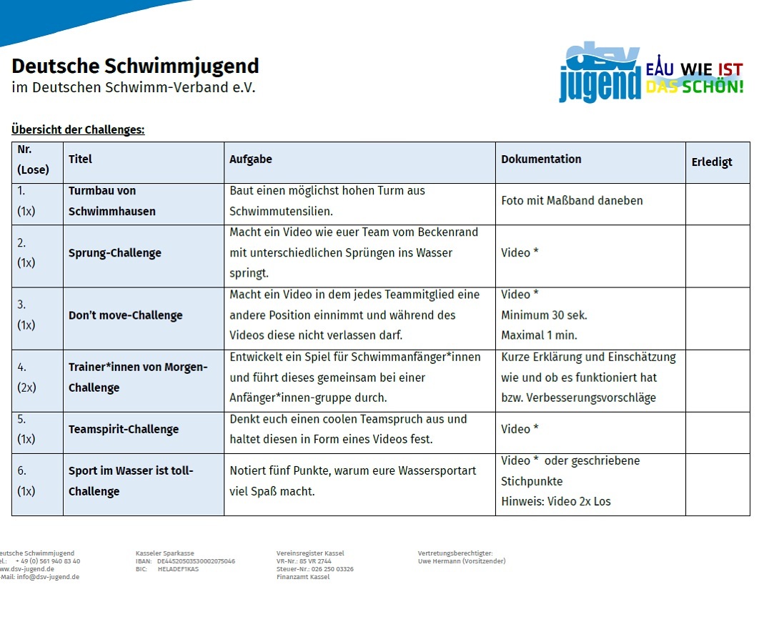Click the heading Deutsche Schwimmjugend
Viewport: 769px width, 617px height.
click(x=135, y=66)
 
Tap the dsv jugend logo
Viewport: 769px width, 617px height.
click(x=600, y=72)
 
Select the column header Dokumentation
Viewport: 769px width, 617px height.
click(x=541, y=159)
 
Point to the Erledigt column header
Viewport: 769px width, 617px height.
click(x=712, y=162)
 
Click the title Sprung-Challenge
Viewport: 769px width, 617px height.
click(x=115, y=253)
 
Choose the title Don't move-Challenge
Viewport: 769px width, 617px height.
click(x=126, y=315)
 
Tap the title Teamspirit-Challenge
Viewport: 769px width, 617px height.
click(x=124, y=430)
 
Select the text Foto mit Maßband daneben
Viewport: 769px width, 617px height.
click(x=572, y=201)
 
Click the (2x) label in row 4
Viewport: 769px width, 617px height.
click(x=26, y=388)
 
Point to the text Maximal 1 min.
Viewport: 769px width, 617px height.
click(x=539, y=335)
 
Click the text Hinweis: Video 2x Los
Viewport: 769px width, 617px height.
click(x=556, y=502)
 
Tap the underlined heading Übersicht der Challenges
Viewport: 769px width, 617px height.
click(x=78, y=129)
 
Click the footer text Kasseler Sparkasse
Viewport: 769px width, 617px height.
click(x=164, y=553)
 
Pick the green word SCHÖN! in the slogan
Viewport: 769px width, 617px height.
click(x=712, y=87)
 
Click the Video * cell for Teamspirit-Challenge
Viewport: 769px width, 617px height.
click(x=520, y=429)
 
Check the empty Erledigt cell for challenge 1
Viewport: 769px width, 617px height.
click(x=717, y=204)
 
